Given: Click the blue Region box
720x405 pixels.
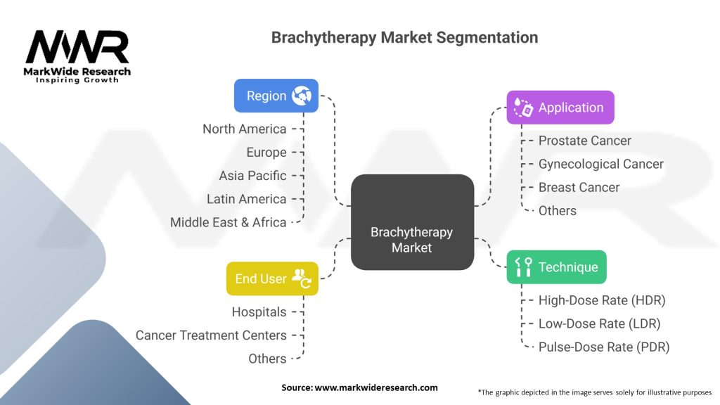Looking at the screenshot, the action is click(x=276, y=96).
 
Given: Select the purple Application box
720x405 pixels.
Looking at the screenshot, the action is click(x=560, y=108).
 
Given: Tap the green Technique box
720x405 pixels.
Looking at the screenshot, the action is click(x=557, y=266).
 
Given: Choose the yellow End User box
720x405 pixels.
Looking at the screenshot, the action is click(x=272, y=278).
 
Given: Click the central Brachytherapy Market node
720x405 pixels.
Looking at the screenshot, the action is click(x=412, y=222).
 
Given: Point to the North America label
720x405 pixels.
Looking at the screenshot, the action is click(x=244, y=129).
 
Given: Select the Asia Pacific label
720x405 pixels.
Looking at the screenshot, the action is click(x=252, y=175).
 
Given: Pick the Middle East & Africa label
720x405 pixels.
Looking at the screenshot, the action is click(x=229, y=222).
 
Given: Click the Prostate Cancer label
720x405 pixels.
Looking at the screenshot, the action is click(x=584, y=141).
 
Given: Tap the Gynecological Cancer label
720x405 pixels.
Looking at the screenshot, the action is click(x=600, y=164).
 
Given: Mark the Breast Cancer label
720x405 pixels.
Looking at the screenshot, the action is click(x=579, y=187).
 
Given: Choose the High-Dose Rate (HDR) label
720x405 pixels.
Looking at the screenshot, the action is click(x=602, y=300).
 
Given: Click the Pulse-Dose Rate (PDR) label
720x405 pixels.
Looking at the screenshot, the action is click(x=604, y=347).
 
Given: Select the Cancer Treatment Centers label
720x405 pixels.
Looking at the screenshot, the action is click(x=211, y=335).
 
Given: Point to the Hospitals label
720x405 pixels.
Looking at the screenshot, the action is click(x=259, y=311).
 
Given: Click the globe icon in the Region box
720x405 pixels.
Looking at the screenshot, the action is click(x=302, y=96).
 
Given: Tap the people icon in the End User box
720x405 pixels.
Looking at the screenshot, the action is click(x=302, y=278).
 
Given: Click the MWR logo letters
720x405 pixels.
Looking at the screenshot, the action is click(x=77, y=47).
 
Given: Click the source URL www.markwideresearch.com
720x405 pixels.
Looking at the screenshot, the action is click(x=376, y=387).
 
